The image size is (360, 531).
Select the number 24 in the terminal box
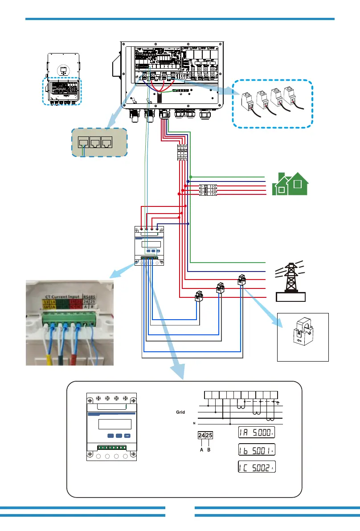click(x=201, y=435)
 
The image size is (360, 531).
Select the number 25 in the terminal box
click(x=209, y=435)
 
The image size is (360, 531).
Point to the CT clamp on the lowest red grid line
click(x=199, y=296)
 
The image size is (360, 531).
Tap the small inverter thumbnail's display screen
click(x=63, y=70)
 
